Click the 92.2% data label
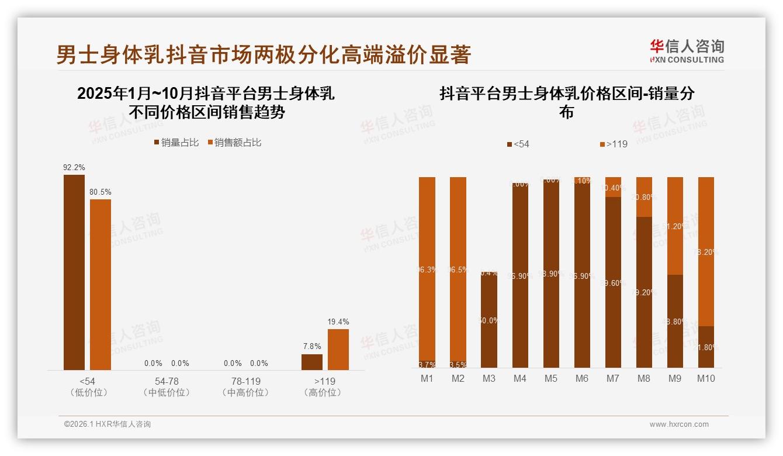74,167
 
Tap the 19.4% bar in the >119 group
338,349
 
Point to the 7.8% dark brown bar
312,362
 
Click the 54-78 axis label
167,381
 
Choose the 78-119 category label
246,381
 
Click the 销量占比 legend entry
176,142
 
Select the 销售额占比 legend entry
234,142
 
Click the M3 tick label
489,378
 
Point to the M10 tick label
706,378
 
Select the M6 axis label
582,378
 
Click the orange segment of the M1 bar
427,269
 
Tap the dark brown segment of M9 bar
675,322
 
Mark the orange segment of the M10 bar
706,251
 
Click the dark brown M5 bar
551,275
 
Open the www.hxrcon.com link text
679,424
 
